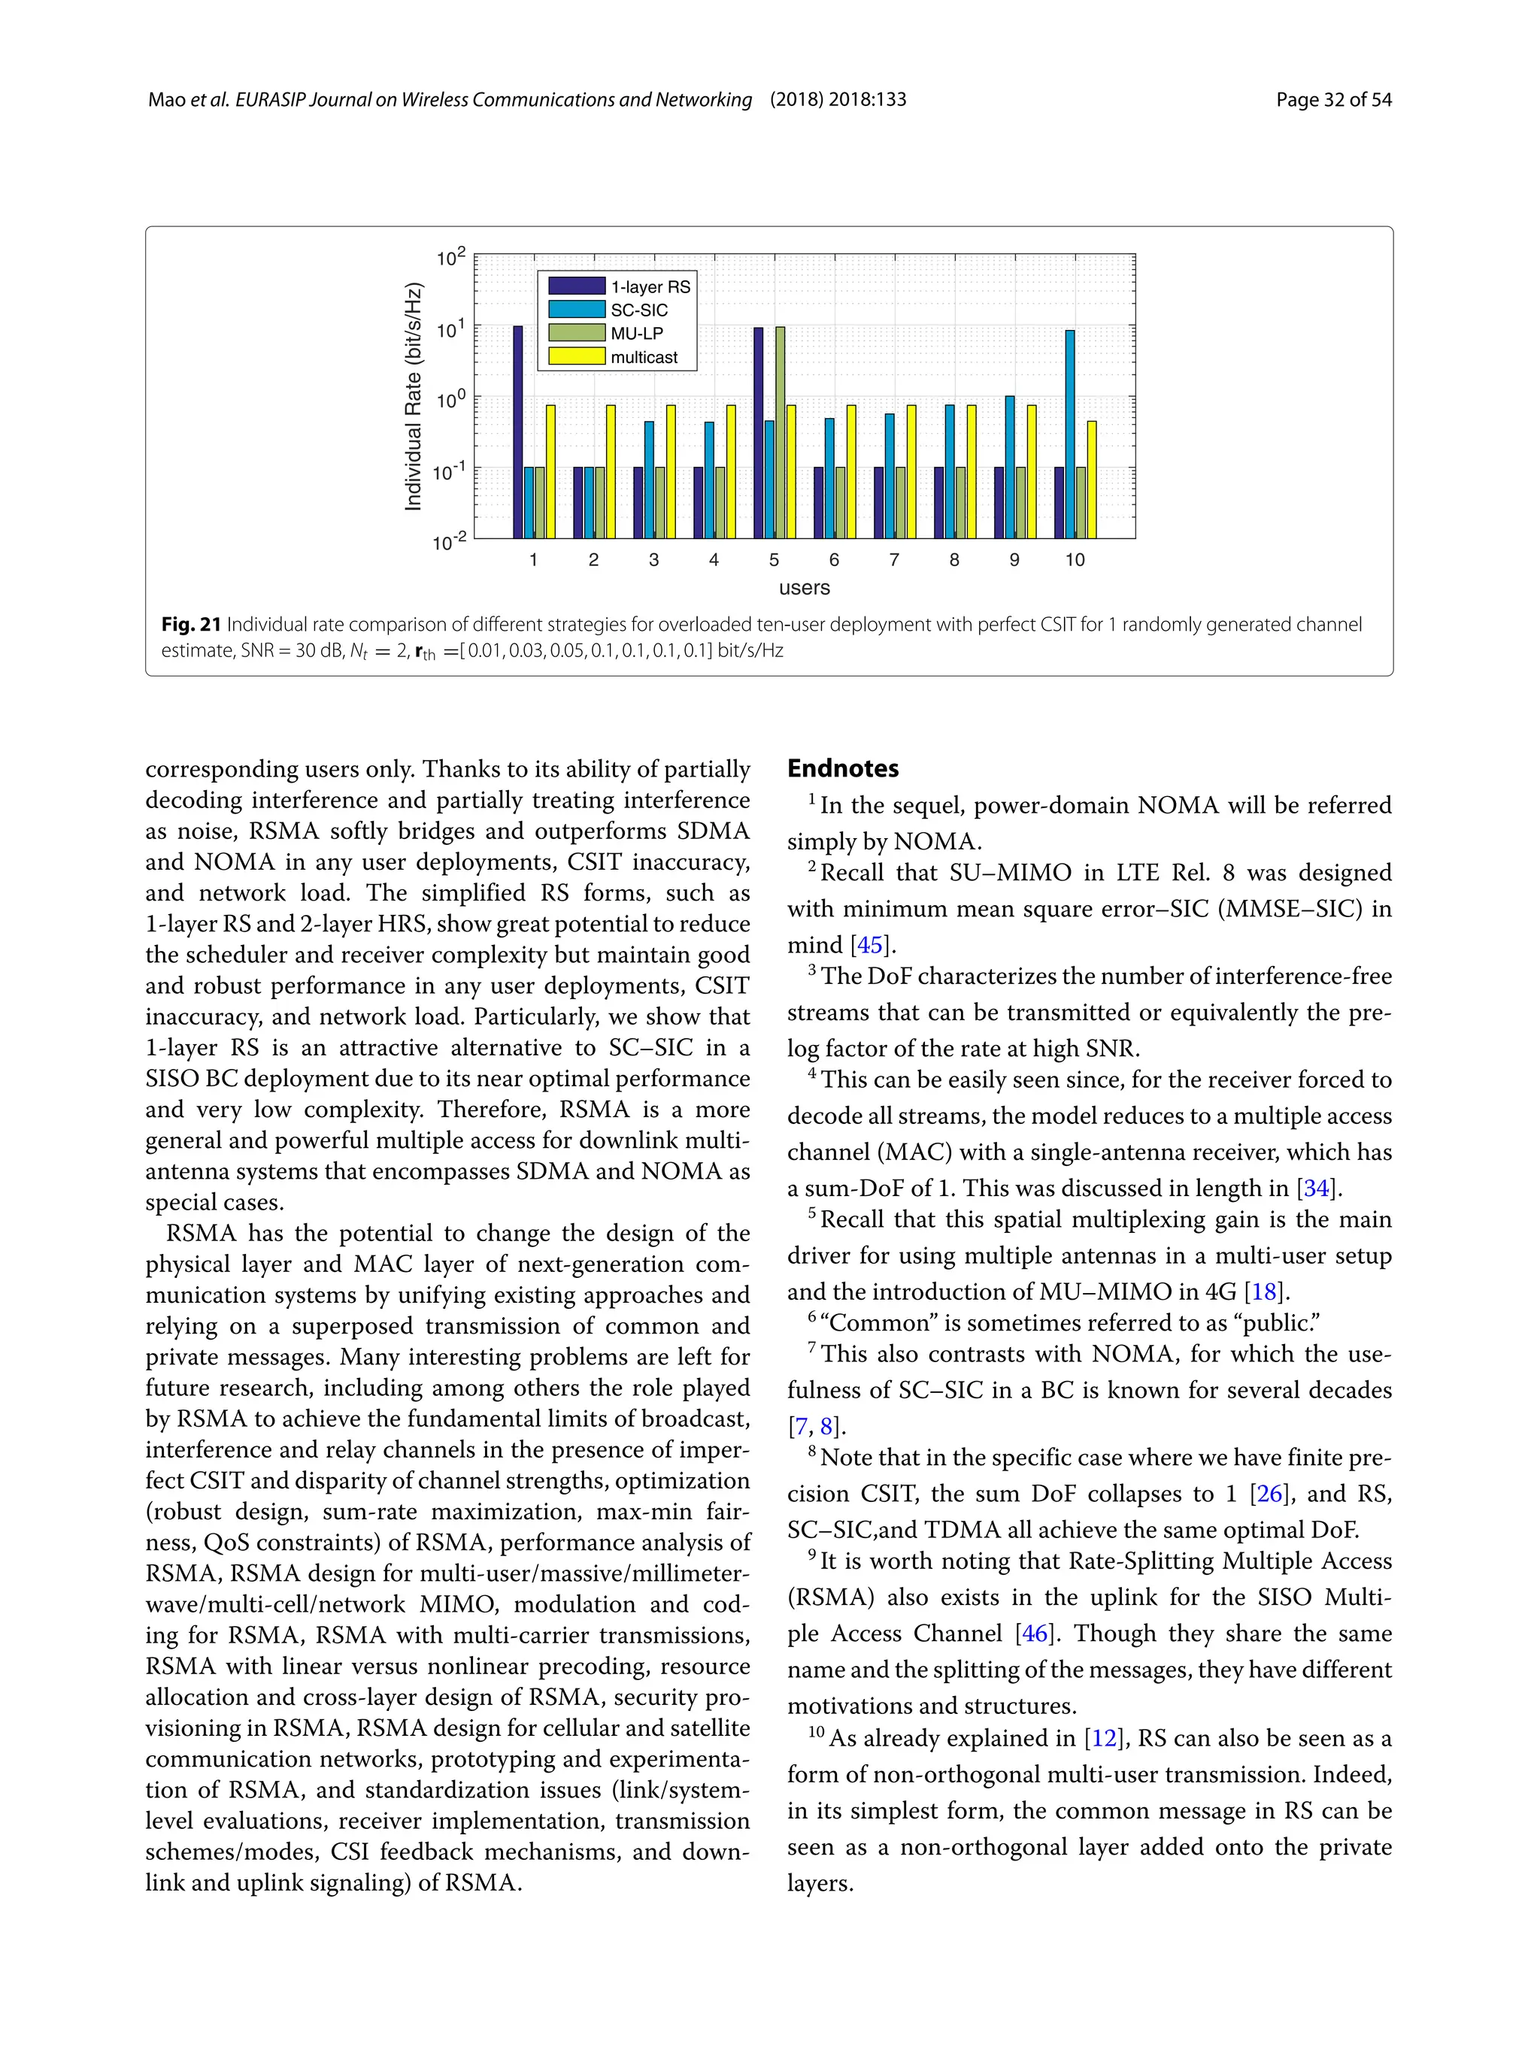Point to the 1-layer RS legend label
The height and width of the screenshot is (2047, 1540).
coord(650,287)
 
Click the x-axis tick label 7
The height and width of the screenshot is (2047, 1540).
coord(894,560)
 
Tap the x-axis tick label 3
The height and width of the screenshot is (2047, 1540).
coord(653,560)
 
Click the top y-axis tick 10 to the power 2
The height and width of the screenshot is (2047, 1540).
coord(450,257)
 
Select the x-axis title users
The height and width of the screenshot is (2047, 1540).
coord(805,588)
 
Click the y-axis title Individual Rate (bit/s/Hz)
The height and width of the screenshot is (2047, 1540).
coord(413,396)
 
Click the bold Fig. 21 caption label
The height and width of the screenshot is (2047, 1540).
coord(191,625)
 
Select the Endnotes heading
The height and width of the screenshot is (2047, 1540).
coord(842,768)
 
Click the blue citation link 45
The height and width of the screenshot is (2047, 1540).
coord(869,945)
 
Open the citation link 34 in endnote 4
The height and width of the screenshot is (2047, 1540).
coord(1315,1189)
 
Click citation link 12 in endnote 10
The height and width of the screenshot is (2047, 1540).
coord(1103,1738)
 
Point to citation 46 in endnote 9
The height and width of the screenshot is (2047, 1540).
coord(1033,1634)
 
